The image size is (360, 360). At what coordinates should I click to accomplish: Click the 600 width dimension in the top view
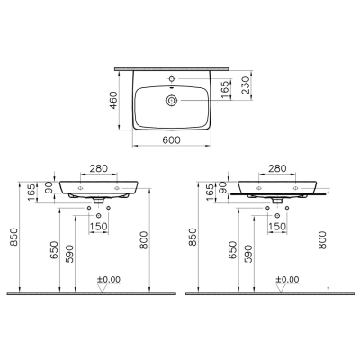pyautogui.click(x=172, y=139)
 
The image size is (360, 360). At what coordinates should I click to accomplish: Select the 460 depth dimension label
pyautogui.click(x=114, y=100)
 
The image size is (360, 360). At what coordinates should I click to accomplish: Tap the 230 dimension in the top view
pyautogui.click(x=246, y=85)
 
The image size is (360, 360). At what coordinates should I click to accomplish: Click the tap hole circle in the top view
pyautogui.click(x=172, y=79)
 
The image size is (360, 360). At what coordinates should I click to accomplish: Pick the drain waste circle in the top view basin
pyautogui.click(x=171, y=101)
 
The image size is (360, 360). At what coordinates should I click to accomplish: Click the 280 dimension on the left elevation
pyautogui.click(x=99, y=169)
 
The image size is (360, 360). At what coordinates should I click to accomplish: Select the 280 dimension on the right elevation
pyautogui.click(x=277, y=168)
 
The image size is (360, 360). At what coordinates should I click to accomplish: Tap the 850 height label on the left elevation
pyautogui.click(x=14, y=237)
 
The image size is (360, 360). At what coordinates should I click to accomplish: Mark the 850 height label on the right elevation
pyautogui.click(x=193, y=237)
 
